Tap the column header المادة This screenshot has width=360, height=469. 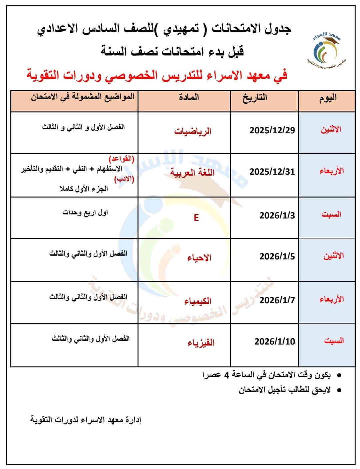[189, 97]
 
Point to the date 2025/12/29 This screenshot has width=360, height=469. [272, 130]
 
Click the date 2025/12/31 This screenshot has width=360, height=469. [272, 171]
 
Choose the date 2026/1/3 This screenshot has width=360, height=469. [277, 215]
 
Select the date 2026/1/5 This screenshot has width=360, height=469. [277, 256]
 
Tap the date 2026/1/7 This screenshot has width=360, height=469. [277, 300]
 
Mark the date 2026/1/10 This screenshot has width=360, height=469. [275, 341]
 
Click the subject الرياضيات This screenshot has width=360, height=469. [193, 131]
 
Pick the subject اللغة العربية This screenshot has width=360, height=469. [192, 172]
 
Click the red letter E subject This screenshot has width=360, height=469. [196, 218]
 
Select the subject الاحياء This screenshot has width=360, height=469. [199, 258]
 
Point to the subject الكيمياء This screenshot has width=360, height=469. [198, 301]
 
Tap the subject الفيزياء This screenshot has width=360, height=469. [201, 342]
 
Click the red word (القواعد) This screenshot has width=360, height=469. [121, 158]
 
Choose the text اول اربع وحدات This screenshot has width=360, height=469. [85, 212]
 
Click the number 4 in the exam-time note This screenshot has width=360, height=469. [227, 375]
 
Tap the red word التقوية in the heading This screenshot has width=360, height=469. [43, 75]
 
